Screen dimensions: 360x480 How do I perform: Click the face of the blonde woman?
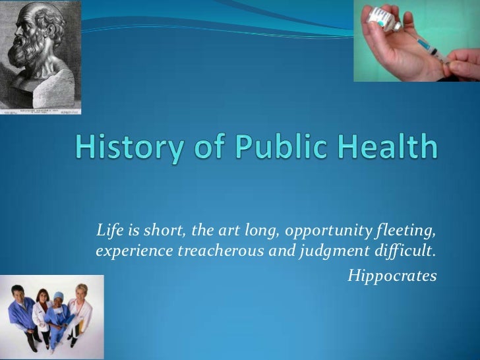80,291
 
